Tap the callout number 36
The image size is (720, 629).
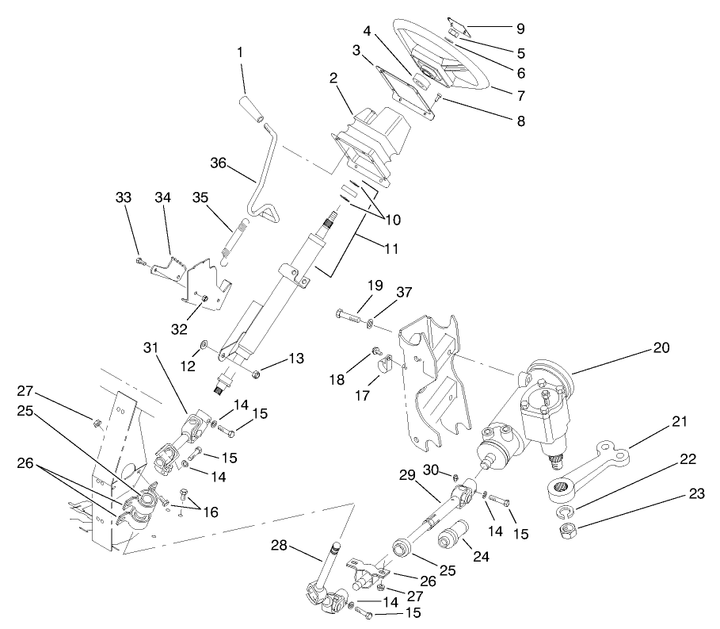coord(219,163)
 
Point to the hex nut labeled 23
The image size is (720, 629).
coord(568,530)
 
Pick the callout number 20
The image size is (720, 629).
coord(661,347)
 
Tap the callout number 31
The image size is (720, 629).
coord(150,347)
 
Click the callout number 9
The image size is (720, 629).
coord(520,29)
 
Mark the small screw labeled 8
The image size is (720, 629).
coord(436,97)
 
